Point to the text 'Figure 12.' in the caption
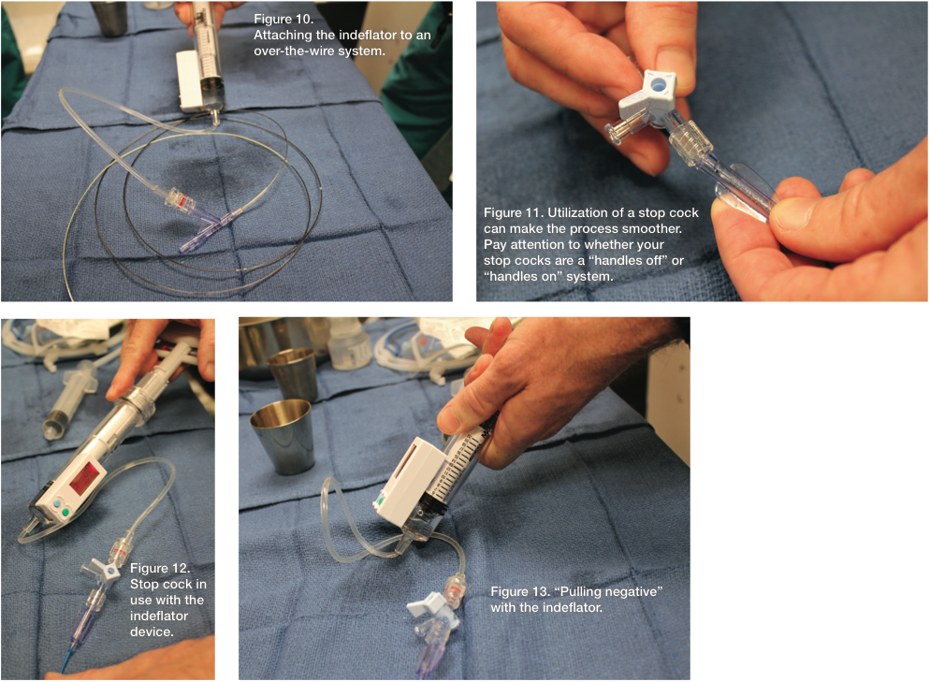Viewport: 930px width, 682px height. (x=160, y=568)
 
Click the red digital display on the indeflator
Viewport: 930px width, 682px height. (x=85, y=478)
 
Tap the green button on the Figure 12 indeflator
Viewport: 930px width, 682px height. (x=65, y=513)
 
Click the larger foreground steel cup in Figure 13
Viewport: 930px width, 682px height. (x=282, y=435)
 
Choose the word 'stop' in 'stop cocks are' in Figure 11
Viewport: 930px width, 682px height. (x=496, y=260)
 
